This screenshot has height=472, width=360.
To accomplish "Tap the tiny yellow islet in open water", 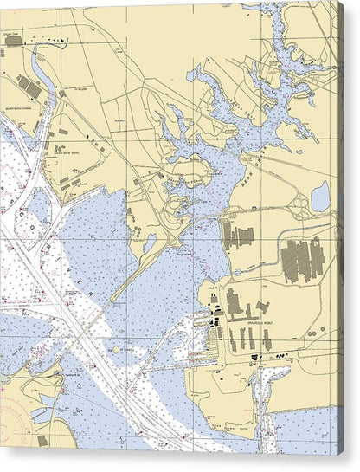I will (x=116, y=350).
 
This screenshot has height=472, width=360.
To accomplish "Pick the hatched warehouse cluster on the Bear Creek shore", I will (x=237, y=235).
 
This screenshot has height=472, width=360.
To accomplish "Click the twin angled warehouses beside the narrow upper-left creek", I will (x=29, y=87).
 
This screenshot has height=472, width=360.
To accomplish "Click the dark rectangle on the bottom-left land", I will (x=42, y=441).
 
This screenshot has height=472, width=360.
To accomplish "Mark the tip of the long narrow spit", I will (x=112, y=300).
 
